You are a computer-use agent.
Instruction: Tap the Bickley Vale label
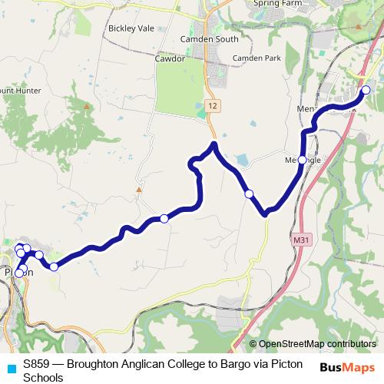(x=131, y=28)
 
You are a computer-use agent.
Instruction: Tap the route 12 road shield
(x=213, y=104)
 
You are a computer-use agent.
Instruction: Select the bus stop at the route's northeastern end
(x=366, y=91)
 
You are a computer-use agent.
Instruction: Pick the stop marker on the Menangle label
(x=303, y=160)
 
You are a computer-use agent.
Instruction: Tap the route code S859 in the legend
(x=38, y=364)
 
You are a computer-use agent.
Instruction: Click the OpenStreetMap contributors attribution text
(x=317, y=344)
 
